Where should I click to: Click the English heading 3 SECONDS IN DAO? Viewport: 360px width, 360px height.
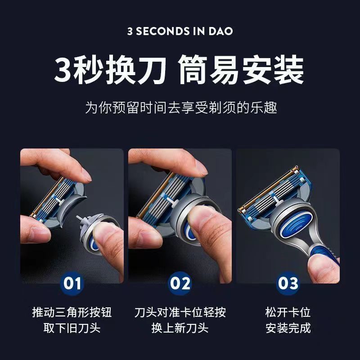click(180, 32)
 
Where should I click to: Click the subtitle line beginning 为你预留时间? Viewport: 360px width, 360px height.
click(180, 108)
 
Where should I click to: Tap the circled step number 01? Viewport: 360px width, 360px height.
click(72, 283)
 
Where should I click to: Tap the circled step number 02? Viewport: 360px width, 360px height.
click(180, 283)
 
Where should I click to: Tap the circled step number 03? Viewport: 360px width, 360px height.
click(288, 283)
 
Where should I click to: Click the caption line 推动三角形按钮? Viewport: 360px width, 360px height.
click(72, 312)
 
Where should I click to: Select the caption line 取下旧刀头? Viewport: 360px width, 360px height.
click(72, 328)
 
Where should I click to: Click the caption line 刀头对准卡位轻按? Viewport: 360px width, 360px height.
click(180, 312)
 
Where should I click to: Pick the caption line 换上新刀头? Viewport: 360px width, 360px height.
click(180, 328)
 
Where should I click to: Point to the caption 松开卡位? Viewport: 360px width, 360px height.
click(288, 312)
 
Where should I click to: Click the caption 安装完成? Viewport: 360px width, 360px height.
click(288, 328)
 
